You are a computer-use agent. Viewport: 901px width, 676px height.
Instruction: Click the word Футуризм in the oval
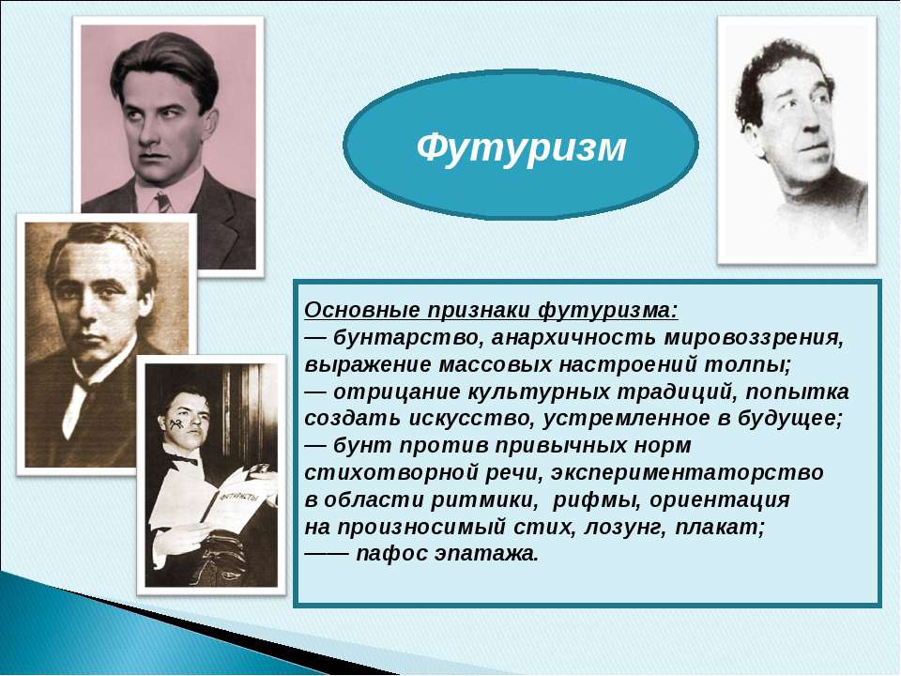coord(521,149)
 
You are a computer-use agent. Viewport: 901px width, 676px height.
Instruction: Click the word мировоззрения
coord(754,337)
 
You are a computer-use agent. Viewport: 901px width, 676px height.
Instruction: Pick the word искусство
coord(471,418)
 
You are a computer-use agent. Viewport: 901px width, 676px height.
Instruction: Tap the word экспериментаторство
coord(687,472)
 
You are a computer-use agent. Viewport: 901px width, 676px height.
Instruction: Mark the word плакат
coord(720,527)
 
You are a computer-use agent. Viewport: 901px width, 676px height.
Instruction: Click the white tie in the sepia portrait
coord(75,407)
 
